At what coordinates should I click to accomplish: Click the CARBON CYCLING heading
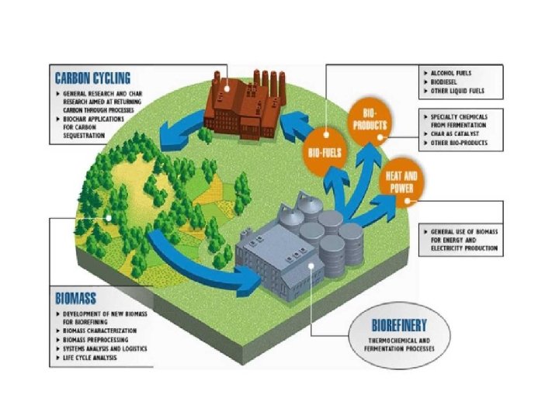(92, 77)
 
